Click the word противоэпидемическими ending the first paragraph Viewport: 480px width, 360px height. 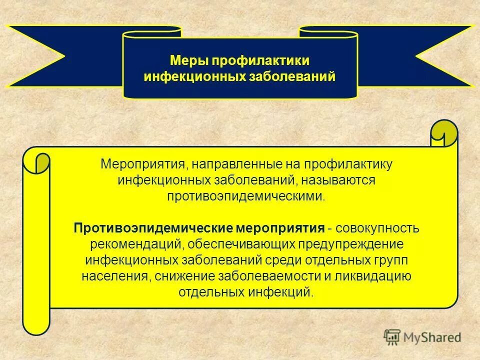coord(246,195)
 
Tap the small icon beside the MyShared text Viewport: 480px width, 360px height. coord(392,336)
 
